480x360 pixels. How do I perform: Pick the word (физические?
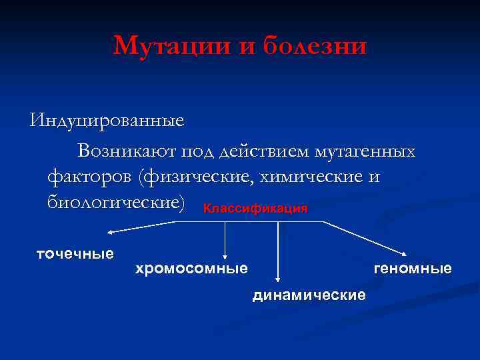click(193, 177)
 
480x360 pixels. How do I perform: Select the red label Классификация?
click(255, 209)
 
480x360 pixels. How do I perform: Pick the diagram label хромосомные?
click(191, 269)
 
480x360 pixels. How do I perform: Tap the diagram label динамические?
click(309, 295)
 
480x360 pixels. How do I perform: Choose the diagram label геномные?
click(413, 269)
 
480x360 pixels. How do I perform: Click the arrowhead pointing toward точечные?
click(113, 231)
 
